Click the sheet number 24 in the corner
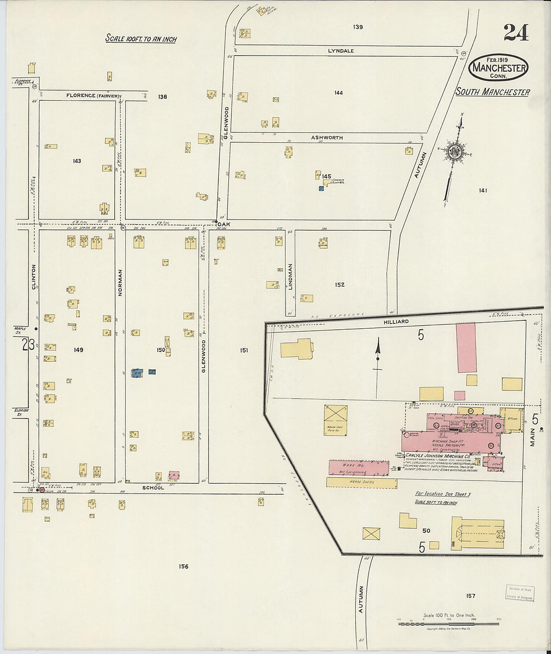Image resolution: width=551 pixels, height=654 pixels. pos(516,33)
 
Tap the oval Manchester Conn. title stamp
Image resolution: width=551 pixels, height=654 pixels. pos(498,68)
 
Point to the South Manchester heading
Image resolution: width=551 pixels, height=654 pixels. pos(492,92)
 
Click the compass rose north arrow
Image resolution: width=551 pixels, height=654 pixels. pos(455,153)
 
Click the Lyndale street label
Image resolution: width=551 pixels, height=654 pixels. pos(341,51)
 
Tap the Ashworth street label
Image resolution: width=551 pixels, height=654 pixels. pos(327,137)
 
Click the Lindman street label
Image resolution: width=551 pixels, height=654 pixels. pos(290,277)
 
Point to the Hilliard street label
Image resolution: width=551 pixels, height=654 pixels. pos(397,321)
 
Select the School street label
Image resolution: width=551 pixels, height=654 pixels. pos(153,487)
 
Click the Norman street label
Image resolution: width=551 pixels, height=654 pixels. pos(120,283)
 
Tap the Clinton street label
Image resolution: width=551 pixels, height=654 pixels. pos(34,277)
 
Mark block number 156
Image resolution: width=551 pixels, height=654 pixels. pos(183,566)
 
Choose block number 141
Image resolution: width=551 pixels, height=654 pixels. pos(483,190)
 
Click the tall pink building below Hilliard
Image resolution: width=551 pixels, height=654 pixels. pos(466,347)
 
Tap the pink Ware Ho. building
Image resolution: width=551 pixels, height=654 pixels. pos(358,468)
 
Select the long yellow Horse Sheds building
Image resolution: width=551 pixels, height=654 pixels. pos(361,482)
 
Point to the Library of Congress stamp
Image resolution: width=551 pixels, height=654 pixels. pos(519,593)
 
